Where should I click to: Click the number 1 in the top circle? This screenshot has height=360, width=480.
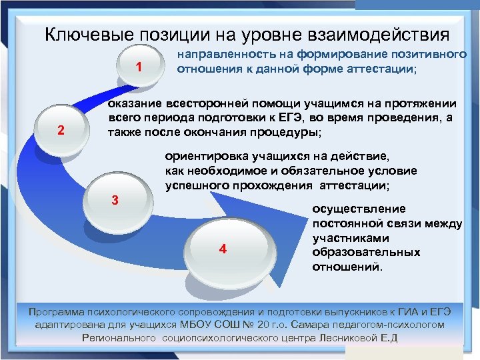(138, 67)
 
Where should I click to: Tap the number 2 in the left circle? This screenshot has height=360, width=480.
(61, 130)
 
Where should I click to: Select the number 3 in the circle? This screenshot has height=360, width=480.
(115, 200)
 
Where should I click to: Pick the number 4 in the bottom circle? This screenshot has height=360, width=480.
(223, 249)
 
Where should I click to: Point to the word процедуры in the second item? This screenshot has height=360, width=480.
(285, 133)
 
